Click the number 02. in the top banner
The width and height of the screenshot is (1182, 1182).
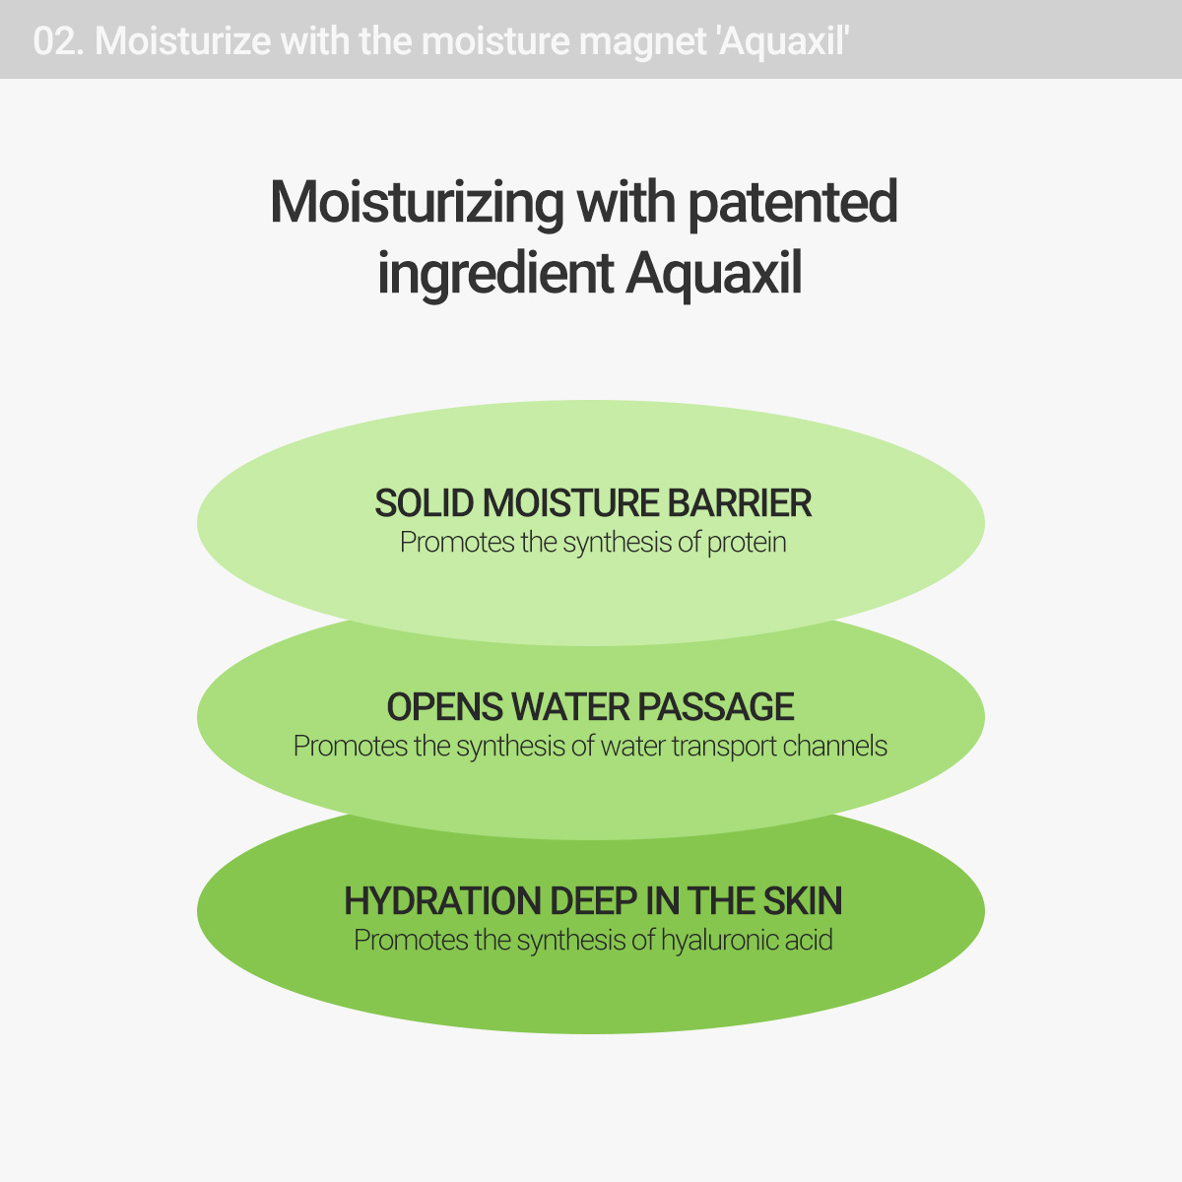pyautogui.click(x=59, y=41)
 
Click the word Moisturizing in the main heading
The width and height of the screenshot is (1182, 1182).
pyautogui.click(x=417, y=203)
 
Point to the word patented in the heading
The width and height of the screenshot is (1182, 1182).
pyautogui.click(x=792, y=203)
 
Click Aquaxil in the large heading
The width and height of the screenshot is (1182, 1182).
pyautogui.click(x=713, y=273)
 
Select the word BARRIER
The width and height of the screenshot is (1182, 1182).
pyautogui.click(x=740, y=503)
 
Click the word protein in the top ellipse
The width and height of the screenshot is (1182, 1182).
pyautogui.click(x=746, y=543)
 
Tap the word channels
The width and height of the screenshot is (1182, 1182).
pyautogui.click(x=835, y=747)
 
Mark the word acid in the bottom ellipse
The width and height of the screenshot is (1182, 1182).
pyautogui.click(x=809, y=941)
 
